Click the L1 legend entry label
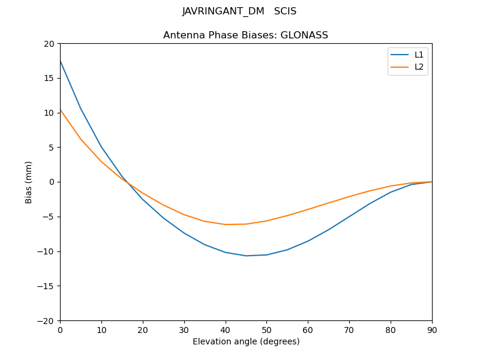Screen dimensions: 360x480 [419, 55]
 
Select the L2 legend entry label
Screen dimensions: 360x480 [419, 67]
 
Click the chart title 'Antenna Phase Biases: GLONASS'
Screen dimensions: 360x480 [245, 35]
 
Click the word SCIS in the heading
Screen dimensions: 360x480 [286, 11]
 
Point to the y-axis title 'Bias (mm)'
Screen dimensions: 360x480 [29, 182]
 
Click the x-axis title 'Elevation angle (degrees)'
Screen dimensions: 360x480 [246, 341]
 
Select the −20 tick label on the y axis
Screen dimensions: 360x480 [47, 320]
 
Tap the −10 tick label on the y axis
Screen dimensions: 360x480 [47, 251]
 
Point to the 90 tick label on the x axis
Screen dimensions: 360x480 [432, 329]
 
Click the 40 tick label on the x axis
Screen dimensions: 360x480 [226, 329]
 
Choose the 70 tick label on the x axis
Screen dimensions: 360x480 [349, 329]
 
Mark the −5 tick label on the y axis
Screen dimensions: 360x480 [49, 217]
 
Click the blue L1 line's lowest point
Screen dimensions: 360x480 [246, 256]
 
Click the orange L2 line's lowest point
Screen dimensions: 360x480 [226, 224]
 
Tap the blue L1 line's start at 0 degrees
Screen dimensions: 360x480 [60, 61]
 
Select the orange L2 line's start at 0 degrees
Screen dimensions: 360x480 [60, 109]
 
